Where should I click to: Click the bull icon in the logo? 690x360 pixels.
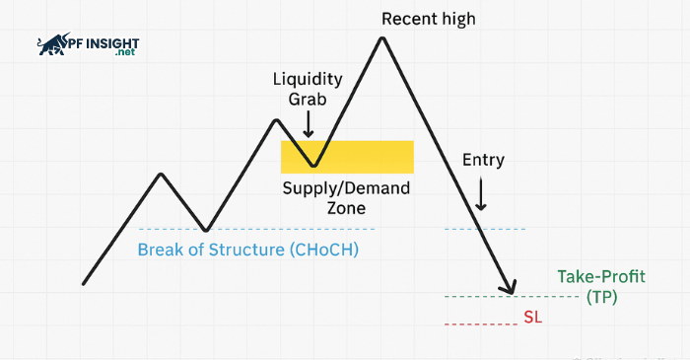pos(55,44)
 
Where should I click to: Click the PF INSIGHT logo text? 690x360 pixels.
pos(103,43)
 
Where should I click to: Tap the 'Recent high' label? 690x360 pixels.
pos(428,19)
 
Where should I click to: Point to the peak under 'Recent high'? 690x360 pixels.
pos(380,39)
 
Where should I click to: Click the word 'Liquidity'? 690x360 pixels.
pos(309,78)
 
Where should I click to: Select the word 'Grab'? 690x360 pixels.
pos(309,99)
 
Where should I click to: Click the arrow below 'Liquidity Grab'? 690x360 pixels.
pos(309,124)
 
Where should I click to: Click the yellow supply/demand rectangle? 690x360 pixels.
pos(365,156)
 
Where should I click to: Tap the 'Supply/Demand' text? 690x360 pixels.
pos(346,188)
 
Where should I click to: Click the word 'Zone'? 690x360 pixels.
pos(346,208)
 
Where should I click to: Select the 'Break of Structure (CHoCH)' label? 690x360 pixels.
pos(247,250)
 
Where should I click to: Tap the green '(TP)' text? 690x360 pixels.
pos(601,296)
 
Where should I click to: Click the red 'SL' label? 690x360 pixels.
pos(533,319)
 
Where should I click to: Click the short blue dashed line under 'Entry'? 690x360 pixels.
pos(485,229)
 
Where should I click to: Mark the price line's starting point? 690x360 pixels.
pos(85,283)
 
